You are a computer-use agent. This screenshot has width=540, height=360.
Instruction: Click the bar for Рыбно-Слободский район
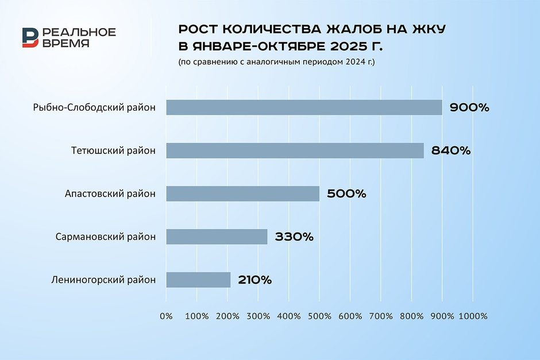[304, 107]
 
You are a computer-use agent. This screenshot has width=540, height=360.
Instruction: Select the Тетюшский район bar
[295, 150]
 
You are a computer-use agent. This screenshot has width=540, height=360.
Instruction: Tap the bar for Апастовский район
[242, 193]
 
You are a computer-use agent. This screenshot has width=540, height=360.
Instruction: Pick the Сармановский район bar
[217, 237]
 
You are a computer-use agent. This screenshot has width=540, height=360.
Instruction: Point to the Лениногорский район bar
[198, 280]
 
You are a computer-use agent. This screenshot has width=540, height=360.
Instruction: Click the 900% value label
[469, 107]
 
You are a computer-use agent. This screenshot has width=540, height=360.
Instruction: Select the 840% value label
[451, 150]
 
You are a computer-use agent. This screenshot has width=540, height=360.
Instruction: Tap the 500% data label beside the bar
[346, 193]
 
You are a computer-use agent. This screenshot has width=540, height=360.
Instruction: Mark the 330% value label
[294, 237]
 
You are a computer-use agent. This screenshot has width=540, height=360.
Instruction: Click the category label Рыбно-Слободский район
[95, 107]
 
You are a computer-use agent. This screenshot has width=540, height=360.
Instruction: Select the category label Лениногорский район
[103, 280]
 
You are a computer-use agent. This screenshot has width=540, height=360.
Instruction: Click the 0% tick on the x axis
[166, 316]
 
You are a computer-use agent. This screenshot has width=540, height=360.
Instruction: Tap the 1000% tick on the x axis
[473, 316]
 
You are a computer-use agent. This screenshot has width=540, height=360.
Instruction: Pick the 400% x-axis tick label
[289, 316]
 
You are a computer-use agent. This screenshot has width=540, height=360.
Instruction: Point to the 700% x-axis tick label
[381, 316]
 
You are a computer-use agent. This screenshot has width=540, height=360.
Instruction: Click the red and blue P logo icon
[30, 37]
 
